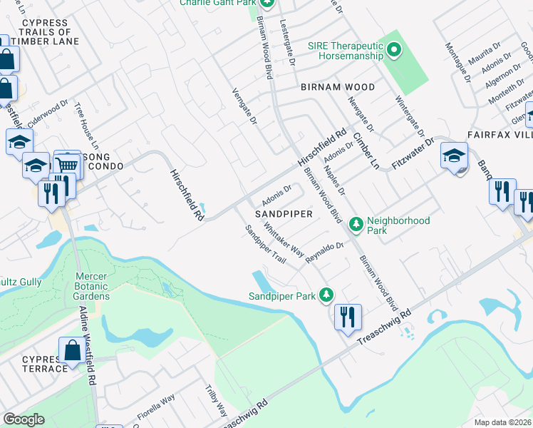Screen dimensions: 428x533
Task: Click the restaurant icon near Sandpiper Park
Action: point(347,316)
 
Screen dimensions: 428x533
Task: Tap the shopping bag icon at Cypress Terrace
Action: point(72,351)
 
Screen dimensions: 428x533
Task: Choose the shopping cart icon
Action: point(67,165)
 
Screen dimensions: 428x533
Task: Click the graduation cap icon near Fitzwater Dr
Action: point(454,156)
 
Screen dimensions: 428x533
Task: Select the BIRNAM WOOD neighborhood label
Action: point(338,87)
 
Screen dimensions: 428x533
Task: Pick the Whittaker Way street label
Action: point(284,240)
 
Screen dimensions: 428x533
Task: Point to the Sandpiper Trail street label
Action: point(265,245)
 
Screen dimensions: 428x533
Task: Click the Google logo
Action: point(24,419)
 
